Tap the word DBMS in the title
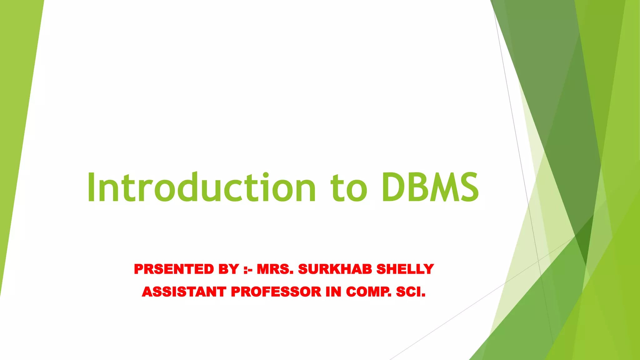[x=430, y=187]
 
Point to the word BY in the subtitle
[x=229, y=269]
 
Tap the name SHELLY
[x=405, y=269]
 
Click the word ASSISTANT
[x=184, y=292]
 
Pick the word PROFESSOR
[x=276, y=292]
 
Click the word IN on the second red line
[x=333, y=292]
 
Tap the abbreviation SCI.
[x=411, y=292]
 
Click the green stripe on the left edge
[x=16, y=125]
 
